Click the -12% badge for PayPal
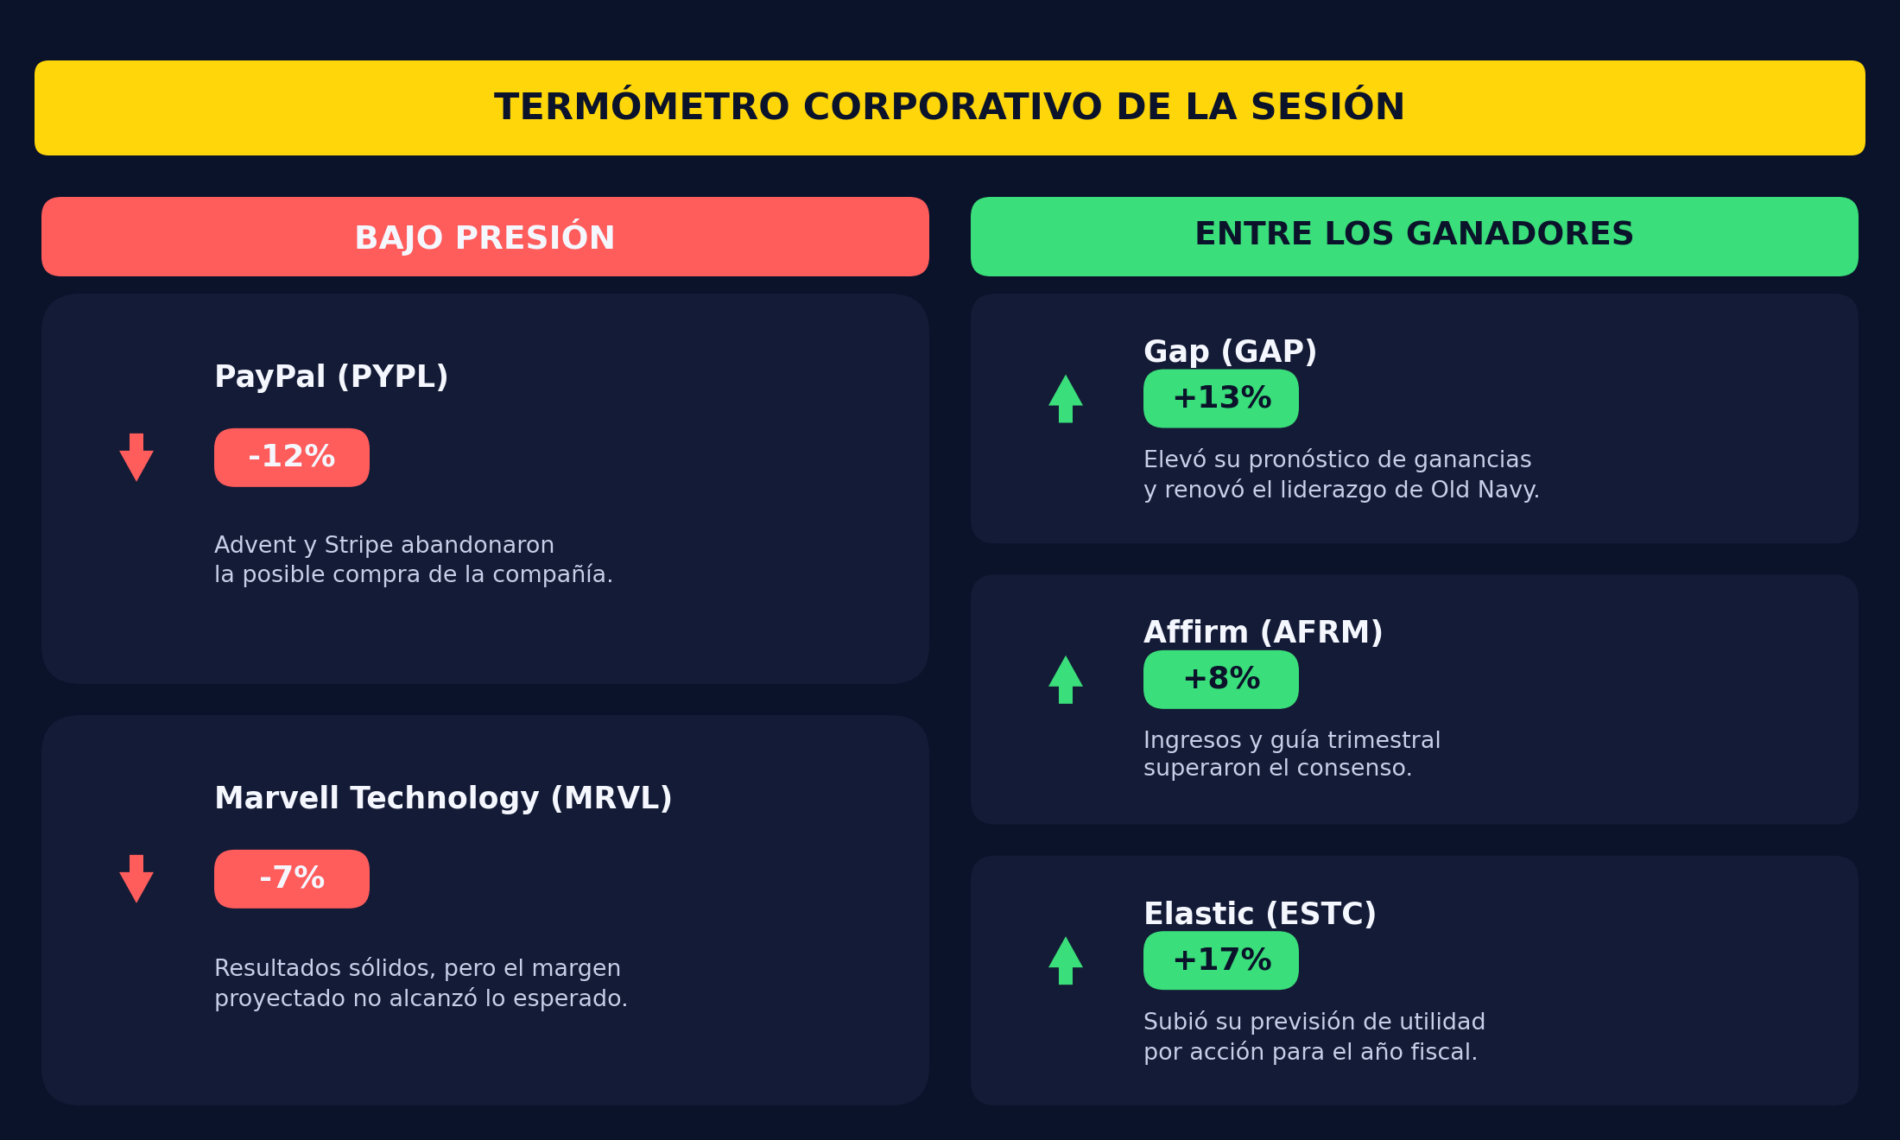coord(292,458)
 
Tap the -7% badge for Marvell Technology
coord(292,879)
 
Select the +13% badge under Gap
coord(1221,399)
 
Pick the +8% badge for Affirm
coord(1221,680)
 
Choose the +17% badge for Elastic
coord(1221,960)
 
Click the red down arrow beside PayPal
coord(136,458)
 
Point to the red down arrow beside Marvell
coord(136,879)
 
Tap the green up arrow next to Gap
coord(1066,399)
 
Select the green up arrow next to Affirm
coord(1066,680)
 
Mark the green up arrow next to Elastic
coord(1066,960)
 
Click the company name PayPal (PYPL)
coord(331,377)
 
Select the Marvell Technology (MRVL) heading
coord(443,799)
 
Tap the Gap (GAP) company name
coord(1230,352)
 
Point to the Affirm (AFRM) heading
coord(1263,633)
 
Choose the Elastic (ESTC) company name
coord(1259,914)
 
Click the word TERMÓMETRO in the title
coord(642,107)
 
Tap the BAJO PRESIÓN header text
coord(484,237)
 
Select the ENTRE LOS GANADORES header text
coord(1414,234)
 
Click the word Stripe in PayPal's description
coord(360,546)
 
